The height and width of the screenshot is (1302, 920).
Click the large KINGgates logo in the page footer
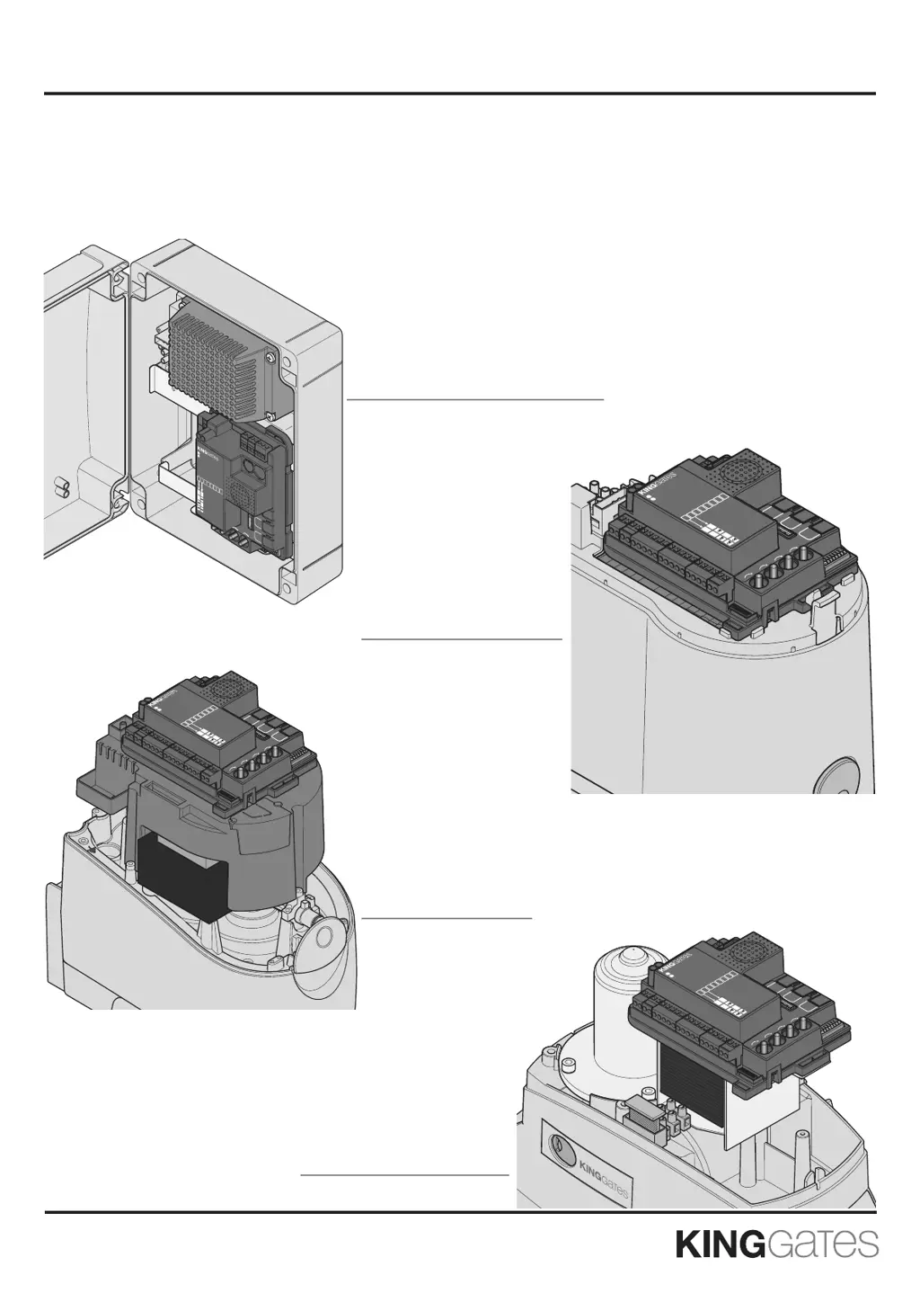pos(776,1245)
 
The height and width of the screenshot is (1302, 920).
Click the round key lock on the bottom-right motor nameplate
pos(558,1147)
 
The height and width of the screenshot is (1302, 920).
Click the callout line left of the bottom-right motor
pos(404,1173)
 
